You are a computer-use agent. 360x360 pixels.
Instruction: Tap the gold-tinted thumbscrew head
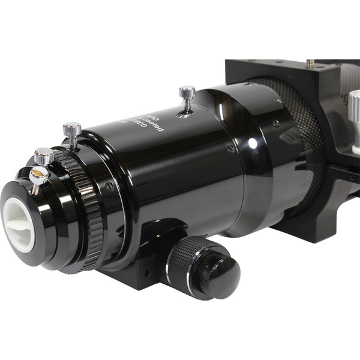pos(38,175)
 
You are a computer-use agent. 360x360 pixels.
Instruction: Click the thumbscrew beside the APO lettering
pos(187,93)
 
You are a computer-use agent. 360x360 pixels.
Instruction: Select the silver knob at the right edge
pos(354,114)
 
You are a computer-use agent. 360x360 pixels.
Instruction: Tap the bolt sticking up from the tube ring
pos(310,62)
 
